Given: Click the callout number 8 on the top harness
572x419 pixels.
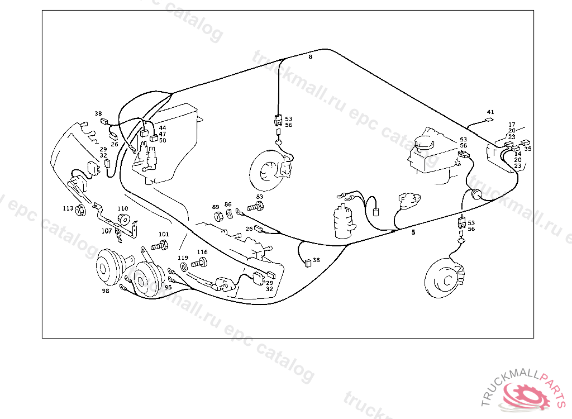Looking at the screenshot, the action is point(311,56).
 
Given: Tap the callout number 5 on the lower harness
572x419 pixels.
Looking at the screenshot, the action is point(413,232).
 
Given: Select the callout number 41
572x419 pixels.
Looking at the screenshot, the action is point(490,112).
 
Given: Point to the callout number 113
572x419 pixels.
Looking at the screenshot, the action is point(68,208).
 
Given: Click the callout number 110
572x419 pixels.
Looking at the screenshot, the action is point(122,208).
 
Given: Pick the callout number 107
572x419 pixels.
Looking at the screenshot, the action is point(106,231).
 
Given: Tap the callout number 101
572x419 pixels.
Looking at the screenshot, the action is point(164,234).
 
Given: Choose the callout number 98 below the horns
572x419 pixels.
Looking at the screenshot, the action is point(106,291).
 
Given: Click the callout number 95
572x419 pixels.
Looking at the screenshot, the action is point(168,287).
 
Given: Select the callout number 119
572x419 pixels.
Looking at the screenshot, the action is point(183,258).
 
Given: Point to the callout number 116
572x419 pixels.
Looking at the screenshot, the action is point(202,253).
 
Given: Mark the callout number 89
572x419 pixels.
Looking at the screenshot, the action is point(216,207).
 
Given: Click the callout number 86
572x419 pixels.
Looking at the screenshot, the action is point(228,204).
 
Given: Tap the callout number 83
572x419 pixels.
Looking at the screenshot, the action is point(259,197).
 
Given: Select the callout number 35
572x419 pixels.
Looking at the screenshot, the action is point(528,149).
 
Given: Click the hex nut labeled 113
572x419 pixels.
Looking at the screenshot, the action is point(80,211).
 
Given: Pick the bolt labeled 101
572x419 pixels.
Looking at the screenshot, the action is point(161,245).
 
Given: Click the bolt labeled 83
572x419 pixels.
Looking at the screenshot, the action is point(255,207).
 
